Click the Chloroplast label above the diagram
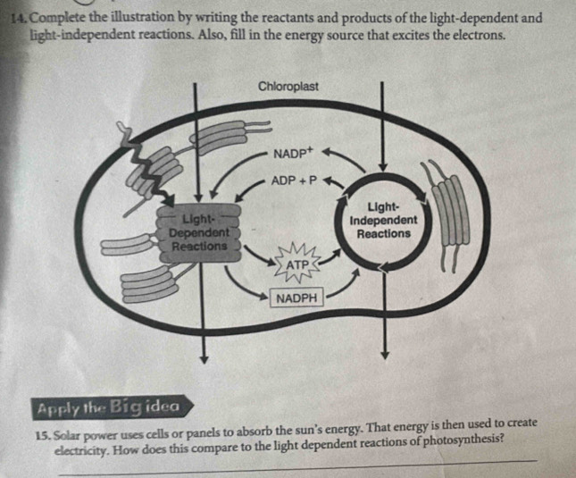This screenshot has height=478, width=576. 287,86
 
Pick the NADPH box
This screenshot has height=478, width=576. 297,298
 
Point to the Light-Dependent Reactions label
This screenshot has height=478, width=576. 197,231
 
